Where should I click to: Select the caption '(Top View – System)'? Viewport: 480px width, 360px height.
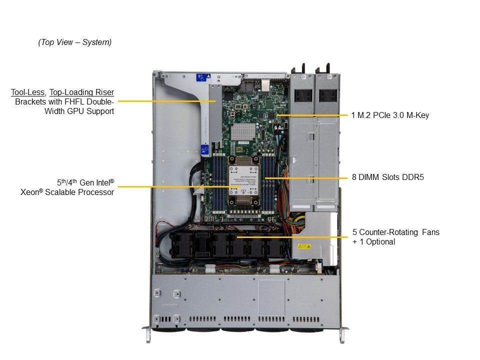[75, 42]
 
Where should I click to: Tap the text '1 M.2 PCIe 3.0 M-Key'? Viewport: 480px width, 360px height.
[390, 115]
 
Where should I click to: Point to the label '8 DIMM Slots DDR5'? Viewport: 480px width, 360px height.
[388, 176]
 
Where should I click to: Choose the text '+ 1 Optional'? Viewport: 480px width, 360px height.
[373, 242]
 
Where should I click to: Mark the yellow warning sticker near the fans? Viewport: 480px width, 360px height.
[304, 245]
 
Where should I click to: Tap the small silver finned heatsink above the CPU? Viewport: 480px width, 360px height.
[243, 131]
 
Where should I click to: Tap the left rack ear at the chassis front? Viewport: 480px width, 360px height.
[147, 333]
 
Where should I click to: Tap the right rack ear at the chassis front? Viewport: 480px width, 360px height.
[342, 333]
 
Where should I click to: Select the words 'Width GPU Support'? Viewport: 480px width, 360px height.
[84, 111]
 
